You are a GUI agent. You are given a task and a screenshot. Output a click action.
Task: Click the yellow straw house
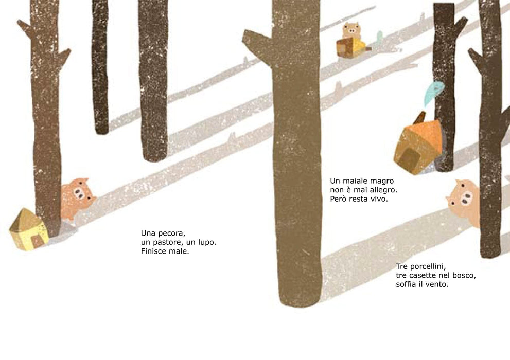[x=29, y=229]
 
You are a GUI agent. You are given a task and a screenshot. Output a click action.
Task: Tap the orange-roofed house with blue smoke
[x=418, y=146]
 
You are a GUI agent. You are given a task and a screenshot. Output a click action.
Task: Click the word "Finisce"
[x=153, y=251]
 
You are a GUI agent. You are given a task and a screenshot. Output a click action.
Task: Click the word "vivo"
[x=380, y=199]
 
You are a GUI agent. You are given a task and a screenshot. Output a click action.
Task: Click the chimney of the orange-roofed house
[x=419, y=117]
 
